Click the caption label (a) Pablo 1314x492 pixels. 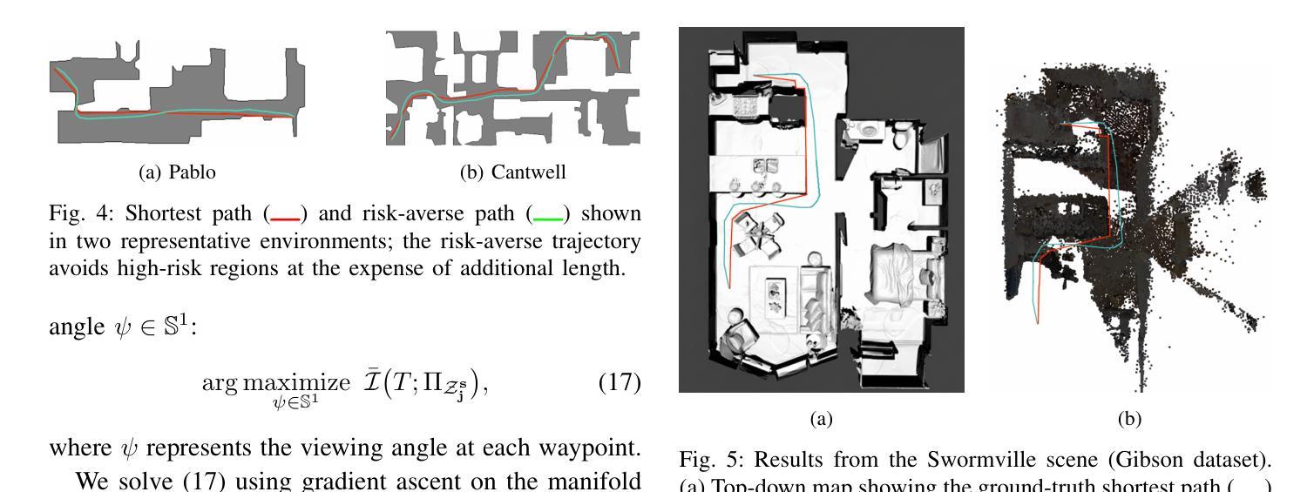pos(177,172)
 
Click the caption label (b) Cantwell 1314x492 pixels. pos(512,172)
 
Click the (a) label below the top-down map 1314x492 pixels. pos(821,419)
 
